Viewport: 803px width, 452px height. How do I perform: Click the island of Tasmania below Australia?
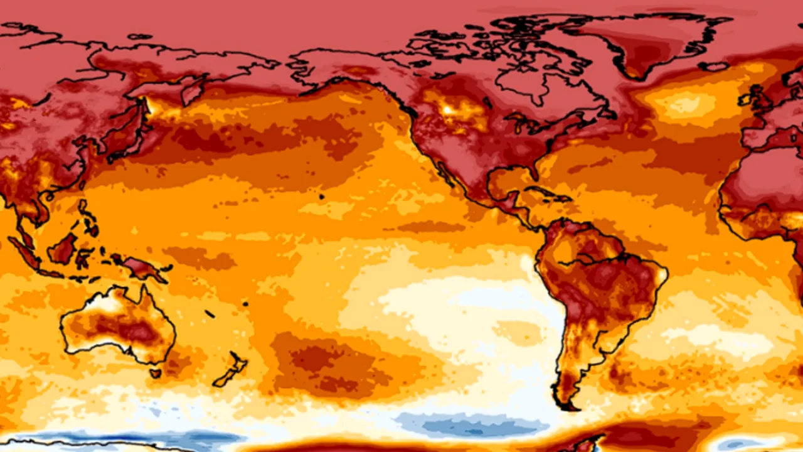[155, 374]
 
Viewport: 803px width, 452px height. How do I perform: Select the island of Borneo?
[63, 249]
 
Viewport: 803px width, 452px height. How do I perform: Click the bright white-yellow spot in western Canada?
[449, 110]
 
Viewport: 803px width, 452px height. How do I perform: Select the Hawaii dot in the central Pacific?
[321, 197]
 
